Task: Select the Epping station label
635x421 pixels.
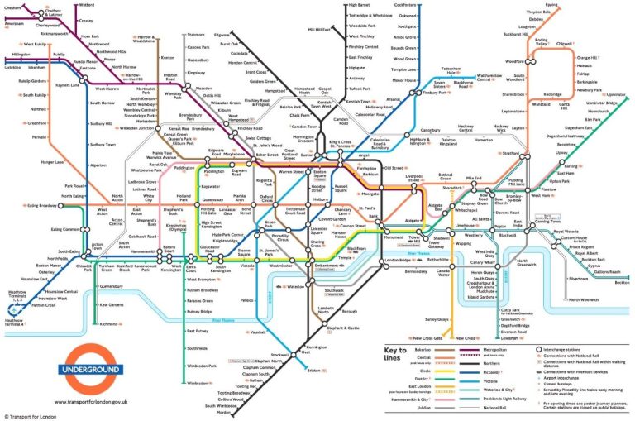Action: (x=551, y=5)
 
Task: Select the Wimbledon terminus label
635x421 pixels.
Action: (x=198, y=384)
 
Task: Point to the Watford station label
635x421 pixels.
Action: (x=86, y=5)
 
